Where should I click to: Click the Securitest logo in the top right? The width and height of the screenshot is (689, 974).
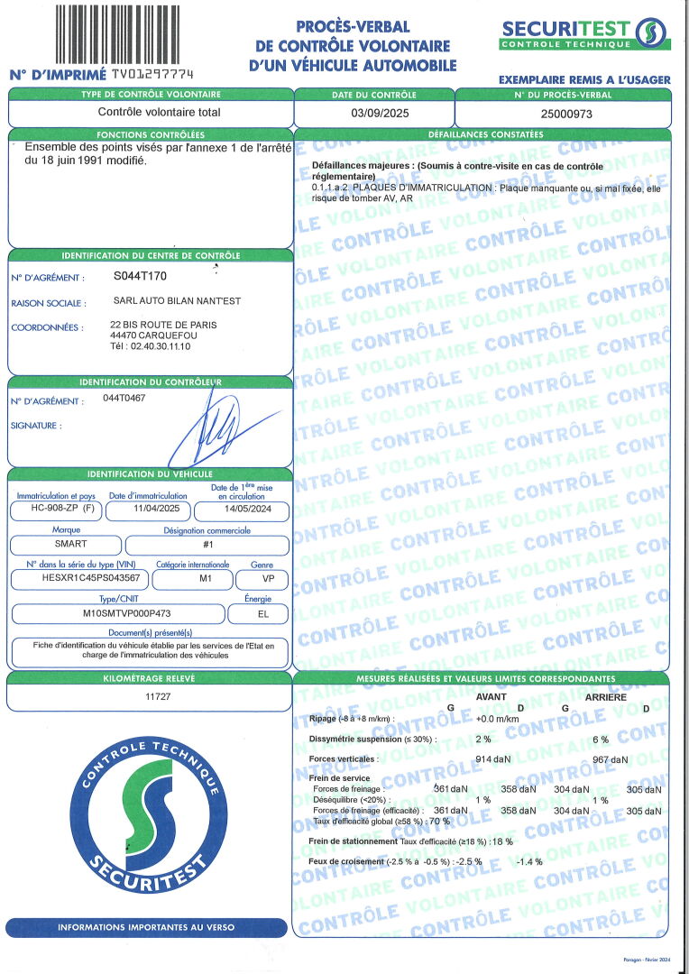[584, 33]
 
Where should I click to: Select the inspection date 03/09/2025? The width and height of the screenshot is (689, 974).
[374, 114]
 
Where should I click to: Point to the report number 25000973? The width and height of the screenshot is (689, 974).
[564, 114]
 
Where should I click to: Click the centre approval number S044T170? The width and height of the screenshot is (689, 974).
[141, 276]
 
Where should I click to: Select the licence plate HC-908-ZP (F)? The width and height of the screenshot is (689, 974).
[56, 509]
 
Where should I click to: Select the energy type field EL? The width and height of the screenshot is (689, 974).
[261, 613]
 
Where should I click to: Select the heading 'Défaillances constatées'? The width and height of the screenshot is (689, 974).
[482, 133]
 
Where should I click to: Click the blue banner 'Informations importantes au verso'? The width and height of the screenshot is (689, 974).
[146, 926]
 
